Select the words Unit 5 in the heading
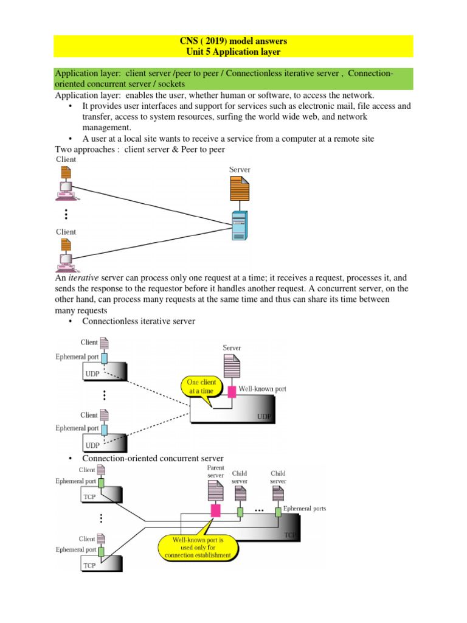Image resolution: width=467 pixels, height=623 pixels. [202, 52]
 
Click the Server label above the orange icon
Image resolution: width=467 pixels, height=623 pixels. [240, 170]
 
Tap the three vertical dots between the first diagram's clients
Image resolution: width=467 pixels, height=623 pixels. [66, 214]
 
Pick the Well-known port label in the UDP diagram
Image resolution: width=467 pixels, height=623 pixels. [262, 388]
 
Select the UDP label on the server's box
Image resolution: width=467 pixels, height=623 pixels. [265, 417]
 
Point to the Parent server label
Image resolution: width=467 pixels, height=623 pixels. [215, 472]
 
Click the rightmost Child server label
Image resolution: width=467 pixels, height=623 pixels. [278, 476]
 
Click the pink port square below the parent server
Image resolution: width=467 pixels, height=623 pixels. [215, 510]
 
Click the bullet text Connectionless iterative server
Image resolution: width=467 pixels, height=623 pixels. [139, 321]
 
